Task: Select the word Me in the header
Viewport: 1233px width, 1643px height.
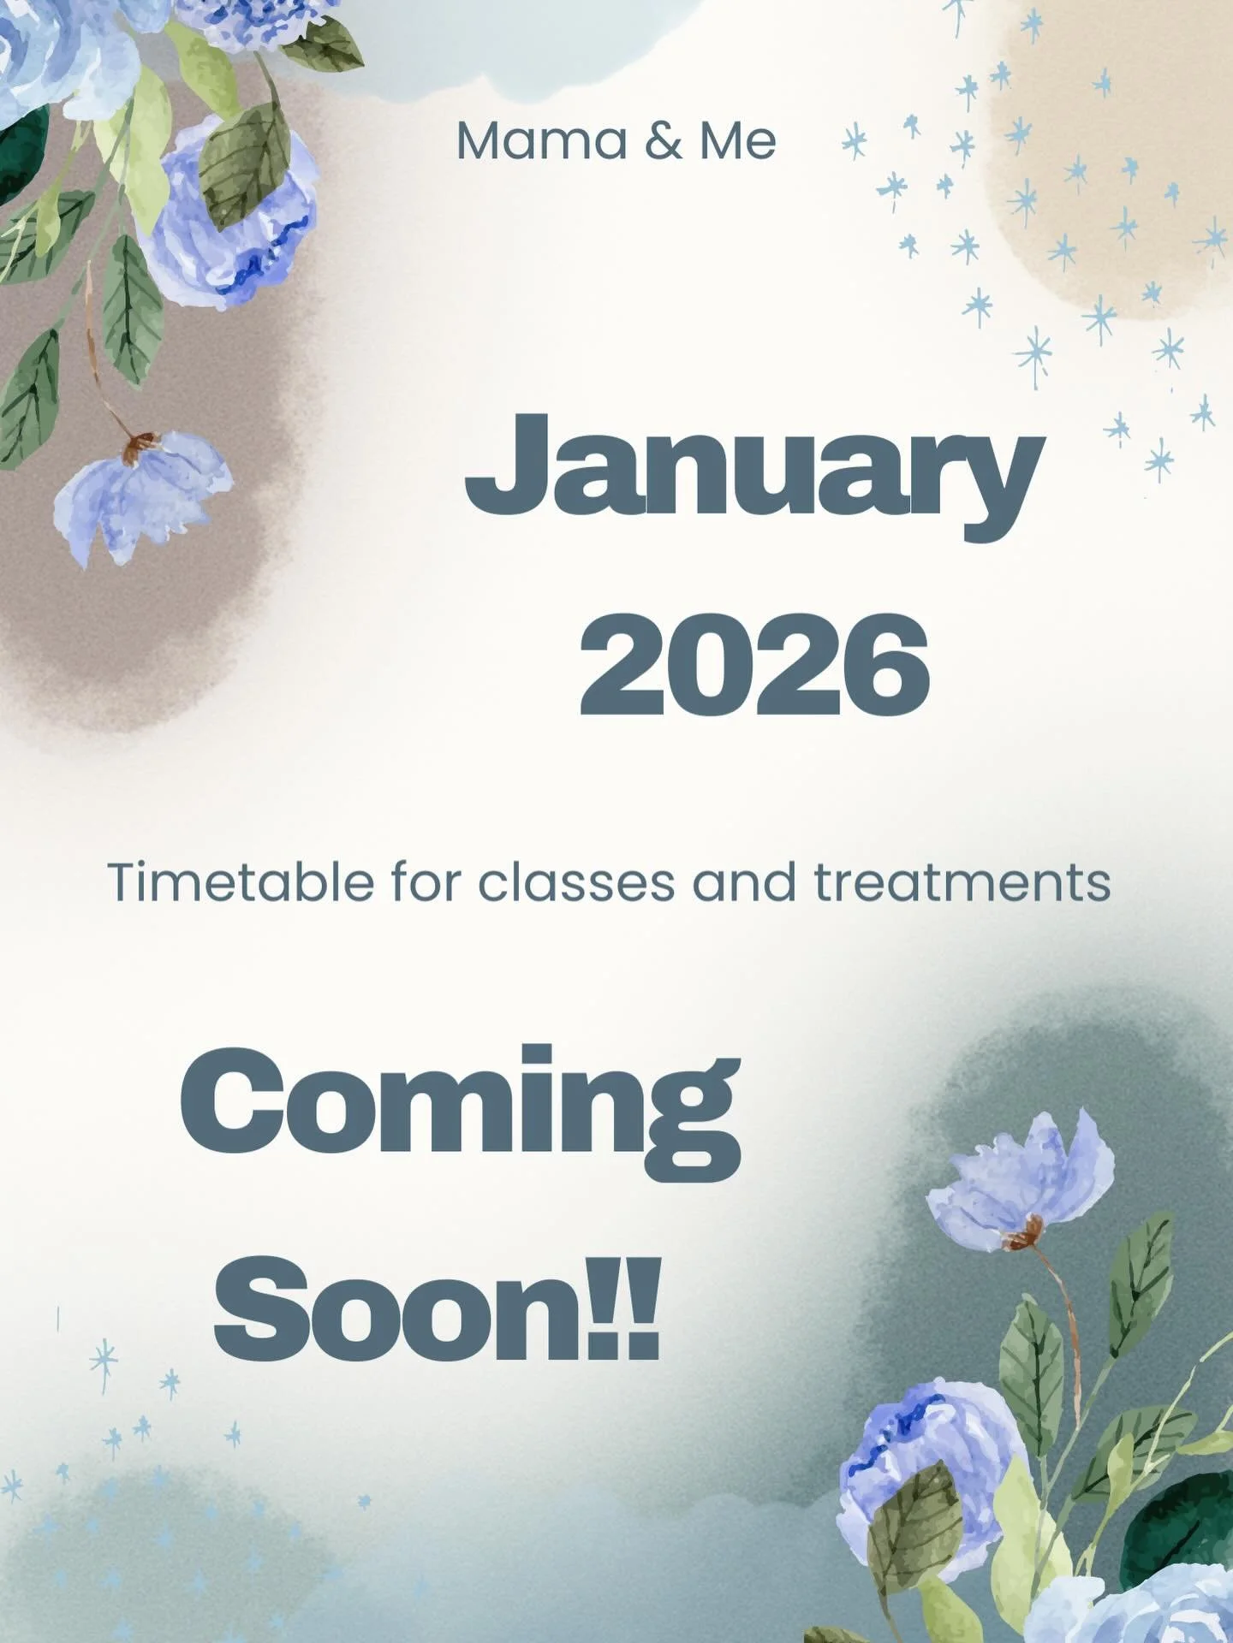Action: click(x=737, y=141)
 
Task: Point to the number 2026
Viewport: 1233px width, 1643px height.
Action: click(x=753, y=666)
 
